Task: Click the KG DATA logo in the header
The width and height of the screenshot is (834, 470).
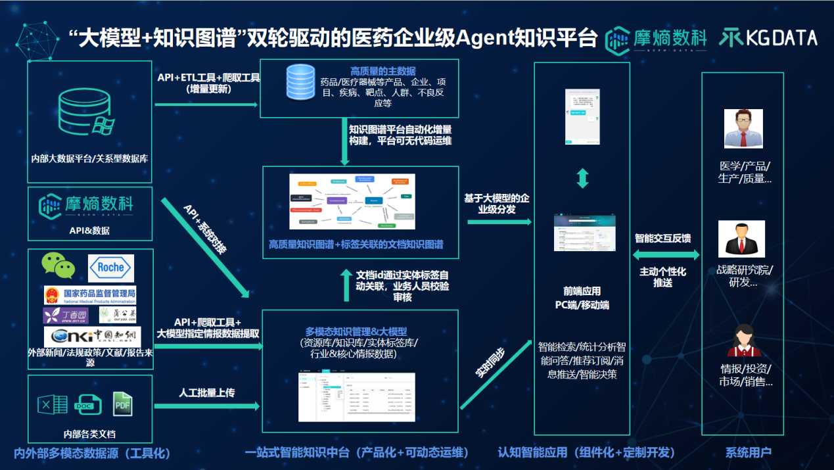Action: (767, 38)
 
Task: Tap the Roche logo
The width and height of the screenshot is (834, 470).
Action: (110, 268)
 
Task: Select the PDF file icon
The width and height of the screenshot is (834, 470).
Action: (122, 404)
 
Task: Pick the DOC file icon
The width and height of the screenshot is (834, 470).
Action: (87, 404)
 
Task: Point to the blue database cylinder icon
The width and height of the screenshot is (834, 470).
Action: (302, 84)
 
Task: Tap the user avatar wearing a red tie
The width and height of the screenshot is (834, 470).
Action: (743, 129)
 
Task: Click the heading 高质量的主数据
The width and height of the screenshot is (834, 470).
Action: (382, 71)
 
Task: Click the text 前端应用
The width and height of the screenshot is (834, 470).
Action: (582, 291)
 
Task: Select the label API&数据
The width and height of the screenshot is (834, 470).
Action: (89, 230)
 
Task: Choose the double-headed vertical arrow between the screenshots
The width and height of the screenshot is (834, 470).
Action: (582, 178)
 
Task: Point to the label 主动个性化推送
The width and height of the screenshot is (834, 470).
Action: (662, 277)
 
